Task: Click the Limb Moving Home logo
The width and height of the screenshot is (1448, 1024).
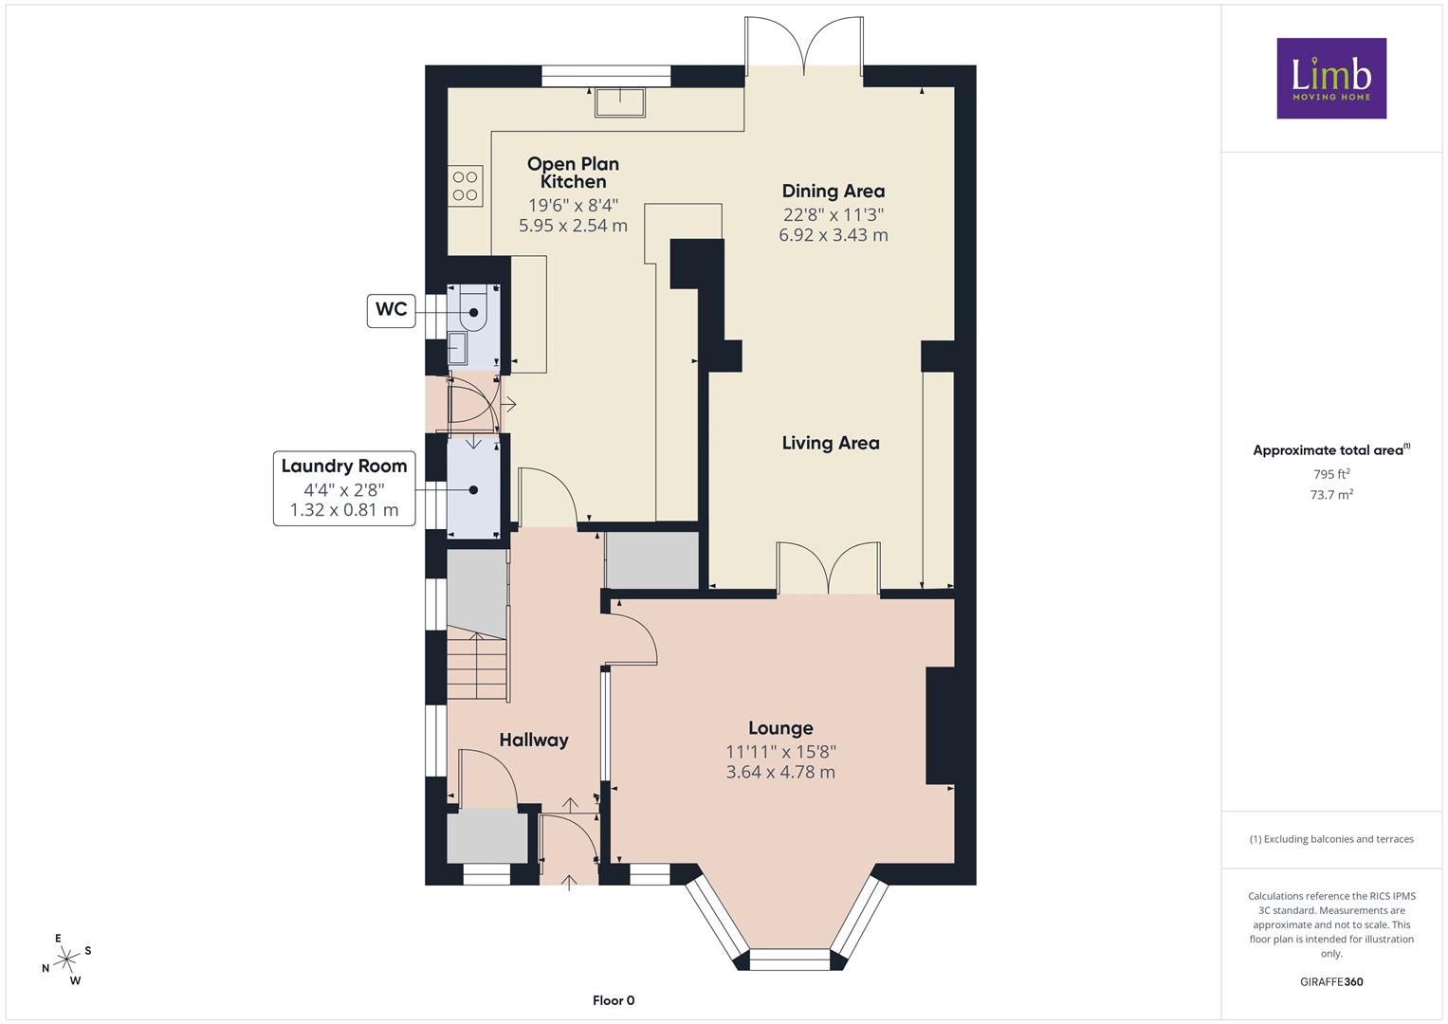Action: (x=1331, y=78)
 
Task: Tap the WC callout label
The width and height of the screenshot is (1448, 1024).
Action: (x=391, y=310)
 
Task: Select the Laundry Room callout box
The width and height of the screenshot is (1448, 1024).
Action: (x=344, y=488)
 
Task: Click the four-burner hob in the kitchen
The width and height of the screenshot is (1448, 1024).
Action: (x=465, y=186)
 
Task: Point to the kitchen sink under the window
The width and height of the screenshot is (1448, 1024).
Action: (x=620, y=102)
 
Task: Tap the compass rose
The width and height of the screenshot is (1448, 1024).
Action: (x=66, y=960)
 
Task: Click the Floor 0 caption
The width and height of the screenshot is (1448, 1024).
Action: (x=614, y=1000)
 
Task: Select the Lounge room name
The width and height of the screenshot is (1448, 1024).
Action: (x=780, y=728)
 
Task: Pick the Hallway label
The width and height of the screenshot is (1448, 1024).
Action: (x=533, y=741)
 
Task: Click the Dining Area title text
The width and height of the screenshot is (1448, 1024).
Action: (x=834, y=191)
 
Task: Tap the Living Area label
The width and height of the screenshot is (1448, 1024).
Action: (x=831, y=443)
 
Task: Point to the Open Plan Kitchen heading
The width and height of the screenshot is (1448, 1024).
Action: (x=573, y=173)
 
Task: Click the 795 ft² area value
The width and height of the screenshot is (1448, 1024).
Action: (x=1331, y=474)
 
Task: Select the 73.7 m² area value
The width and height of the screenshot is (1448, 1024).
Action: (x=1331, y=495)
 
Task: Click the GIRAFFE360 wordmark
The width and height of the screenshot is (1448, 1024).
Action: (x=1331, y=981)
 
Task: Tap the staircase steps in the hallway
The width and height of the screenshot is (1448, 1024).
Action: (x=477, y=667)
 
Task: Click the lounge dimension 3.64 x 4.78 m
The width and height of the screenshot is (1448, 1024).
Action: (x=780, y=772)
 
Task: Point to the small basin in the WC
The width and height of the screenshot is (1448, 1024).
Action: (x=458, y=349)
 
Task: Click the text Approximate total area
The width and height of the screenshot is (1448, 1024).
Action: (x=1328, y=450)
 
